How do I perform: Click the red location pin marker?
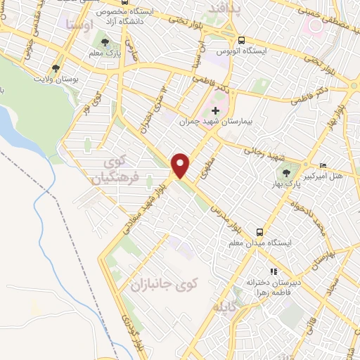[x=182, y=165]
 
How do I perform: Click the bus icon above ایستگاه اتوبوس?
[x=241, y=41]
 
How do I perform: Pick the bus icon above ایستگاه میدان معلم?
[x=259, y=231]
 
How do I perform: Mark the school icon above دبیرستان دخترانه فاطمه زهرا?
[x=273, y=271]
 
